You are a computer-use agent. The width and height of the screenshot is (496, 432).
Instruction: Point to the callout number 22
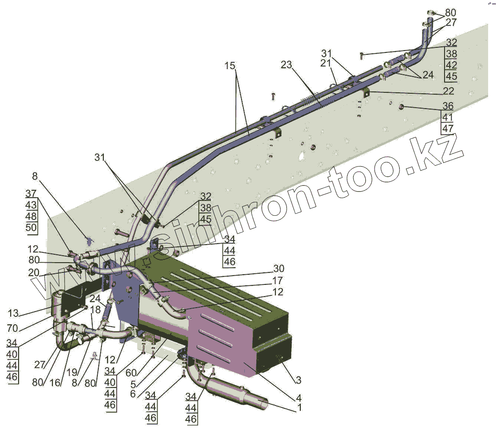[x=448, y=91]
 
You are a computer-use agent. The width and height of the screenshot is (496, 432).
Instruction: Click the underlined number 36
[x=448, y=106]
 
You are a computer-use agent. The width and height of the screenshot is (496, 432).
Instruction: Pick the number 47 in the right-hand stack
[x=448, y=128]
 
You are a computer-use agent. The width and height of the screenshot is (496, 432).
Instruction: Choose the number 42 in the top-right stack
[x=451, y=64]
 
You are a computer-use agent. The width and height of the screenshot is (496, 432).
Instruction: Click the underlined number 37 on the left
[x=31, y=193]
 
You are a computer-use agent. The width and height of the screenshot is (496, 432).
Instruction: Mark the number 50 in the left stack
[x=31, y=228]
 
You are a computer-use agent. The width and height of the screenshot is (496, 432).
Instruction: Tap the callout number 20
[x=33, y=273]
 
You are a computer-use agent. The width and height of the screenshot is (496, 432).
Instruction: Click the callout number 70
[x=12, y=329]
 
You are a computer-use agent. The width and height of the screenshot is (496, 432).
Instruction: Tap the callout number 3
[x=298, y=380]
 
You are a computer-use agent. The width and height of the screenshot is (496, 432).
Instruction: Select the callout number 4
[x=299, y=398]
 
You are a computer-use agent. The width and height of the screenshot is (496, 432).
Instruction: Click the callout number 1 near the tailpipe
[x=299, y=408]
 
